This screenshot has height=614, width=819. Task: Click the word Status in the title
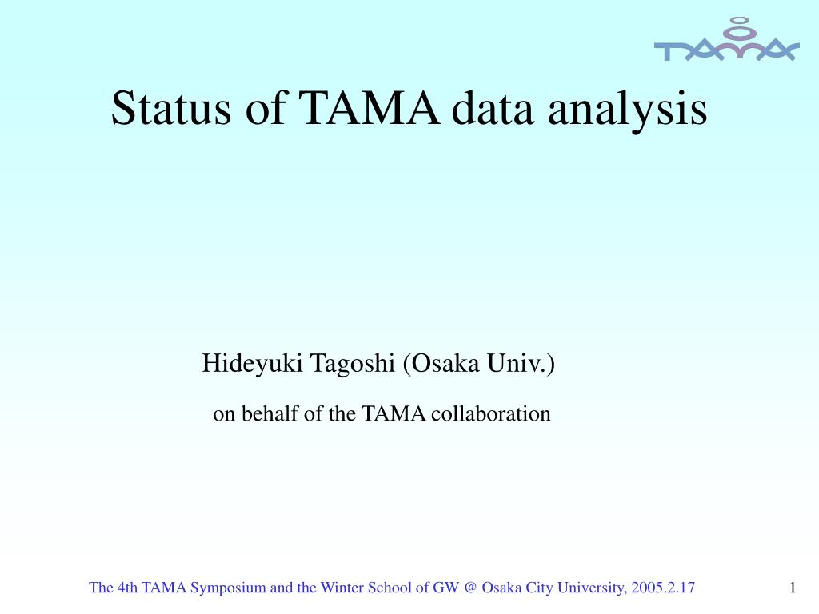(x=171, y=108)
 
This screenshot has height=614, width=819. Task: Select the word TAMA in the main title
(x=370, y=108)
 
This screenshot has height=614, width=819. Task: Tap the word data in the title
(x=493, y=108)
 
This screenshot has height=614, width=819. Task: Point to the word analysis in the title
(x=627, y=110)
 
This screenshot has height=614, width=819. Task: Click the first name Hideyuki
(x=252, y=364)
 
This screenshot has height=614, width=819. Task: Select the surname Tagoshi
(x=353, y=365)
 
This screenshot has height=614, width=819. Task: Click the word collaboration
(x=490, y=413)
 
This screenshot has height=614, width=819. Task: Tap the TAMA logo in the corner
(x=726, y=40)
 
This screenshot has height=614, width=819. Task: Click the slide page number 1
(x=793, y=588)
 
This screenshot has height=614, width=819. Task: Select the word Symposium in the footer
(x=228, y=588)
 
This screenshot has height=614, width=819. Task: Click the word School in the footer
(x=391, y=588)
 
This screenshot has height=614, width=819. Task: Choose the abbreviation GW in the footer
(x=445, y=588)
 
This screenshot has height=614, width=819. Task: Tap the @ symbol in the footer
(x=470, y=588)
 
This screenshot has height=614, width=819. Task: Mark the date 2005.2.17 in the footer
(x=663, y=588)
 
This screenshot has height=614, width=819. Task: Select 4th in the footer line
(x=127, y=588)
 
